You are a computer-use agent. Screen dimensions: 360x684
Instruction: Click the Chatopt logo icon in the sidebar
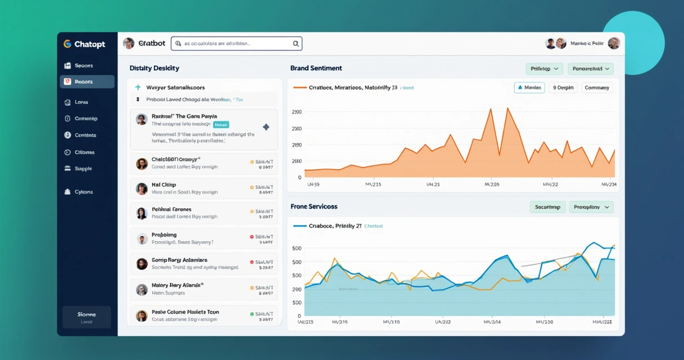point(67,44)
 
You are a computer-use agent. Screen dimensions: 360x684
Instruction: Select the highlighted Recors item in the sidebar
point(87,82)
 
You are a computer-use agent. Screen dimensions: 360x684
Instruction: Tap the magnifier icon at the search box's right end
point(296,44)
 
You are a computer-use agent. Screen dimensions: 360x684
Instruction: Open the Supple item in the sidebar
point(83,169)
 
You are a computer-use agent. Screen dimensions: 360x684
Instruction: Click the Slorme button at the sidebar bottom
point(87,317)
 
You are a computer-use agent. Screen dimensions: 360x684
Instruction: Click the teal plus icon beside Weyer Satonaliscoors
point(138,88)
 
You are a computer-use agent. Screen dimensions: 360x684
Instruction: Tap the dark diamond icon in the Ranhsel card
point(266,127)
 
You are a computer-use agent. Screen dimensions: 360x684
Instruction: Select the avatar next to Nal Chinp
point(142,188)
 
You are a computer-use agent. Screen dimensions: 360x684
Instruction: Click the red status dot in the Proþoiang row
point(252,237)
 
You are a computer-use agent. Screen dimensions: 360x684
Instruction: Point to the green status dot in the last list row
point(252,314)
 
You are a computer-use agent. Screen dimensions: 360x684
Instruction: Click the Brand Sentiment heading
point(316,68)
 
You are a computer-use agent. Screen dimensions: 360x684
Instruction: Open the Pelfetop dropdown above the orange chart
point(544,69)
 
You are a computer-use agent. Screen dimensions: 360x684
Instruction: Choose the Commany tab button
point(597,88)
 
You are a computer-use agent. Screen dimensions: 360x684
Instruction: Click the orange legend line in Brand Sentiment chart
point(300,88)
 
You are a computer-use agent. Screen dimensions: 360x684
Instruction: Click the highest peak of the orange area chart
point(507,108)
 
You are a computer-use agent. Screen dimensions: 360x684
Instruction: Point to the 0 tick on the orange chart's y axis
point(300,178)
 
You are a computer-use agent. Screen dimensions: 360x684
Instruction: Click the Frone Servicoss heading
point(314,206)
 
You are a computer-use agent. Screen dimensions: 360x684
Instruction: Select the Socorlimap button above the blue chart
point(547,207)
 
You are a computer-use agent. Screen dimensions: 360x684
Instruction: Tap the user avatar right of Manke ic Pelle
point(614,43)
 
